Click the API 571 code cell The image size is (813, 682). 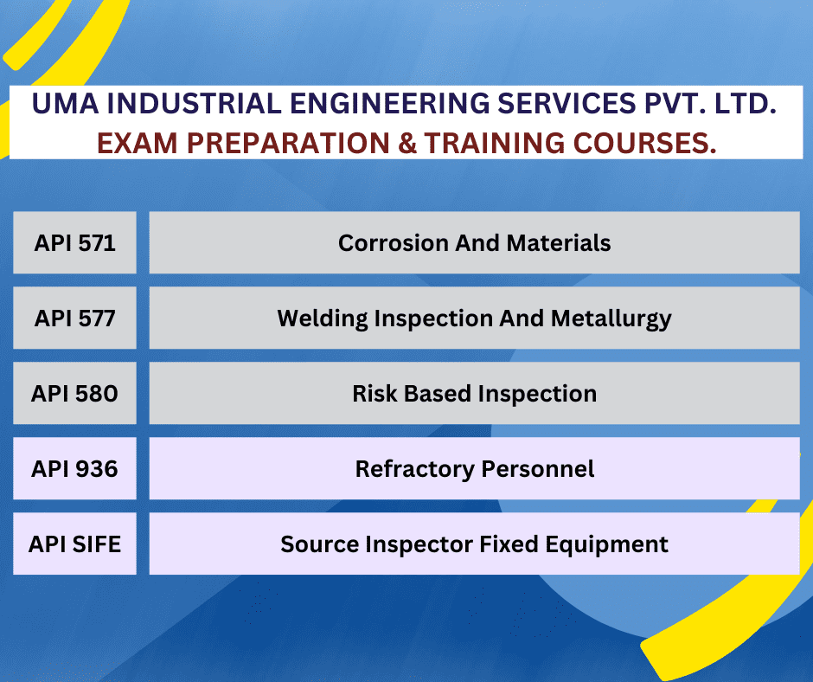tap(74, 242)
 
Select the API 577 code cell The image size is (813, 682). tap(74, 318)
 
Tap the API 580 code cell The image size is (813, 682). tap(74, 393)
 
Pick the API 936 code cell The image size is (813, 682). tap(74, 468)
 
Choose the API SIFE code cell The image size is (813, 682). tap(74, 544)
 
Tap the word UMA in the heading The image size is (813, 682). tap(62, 104)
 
